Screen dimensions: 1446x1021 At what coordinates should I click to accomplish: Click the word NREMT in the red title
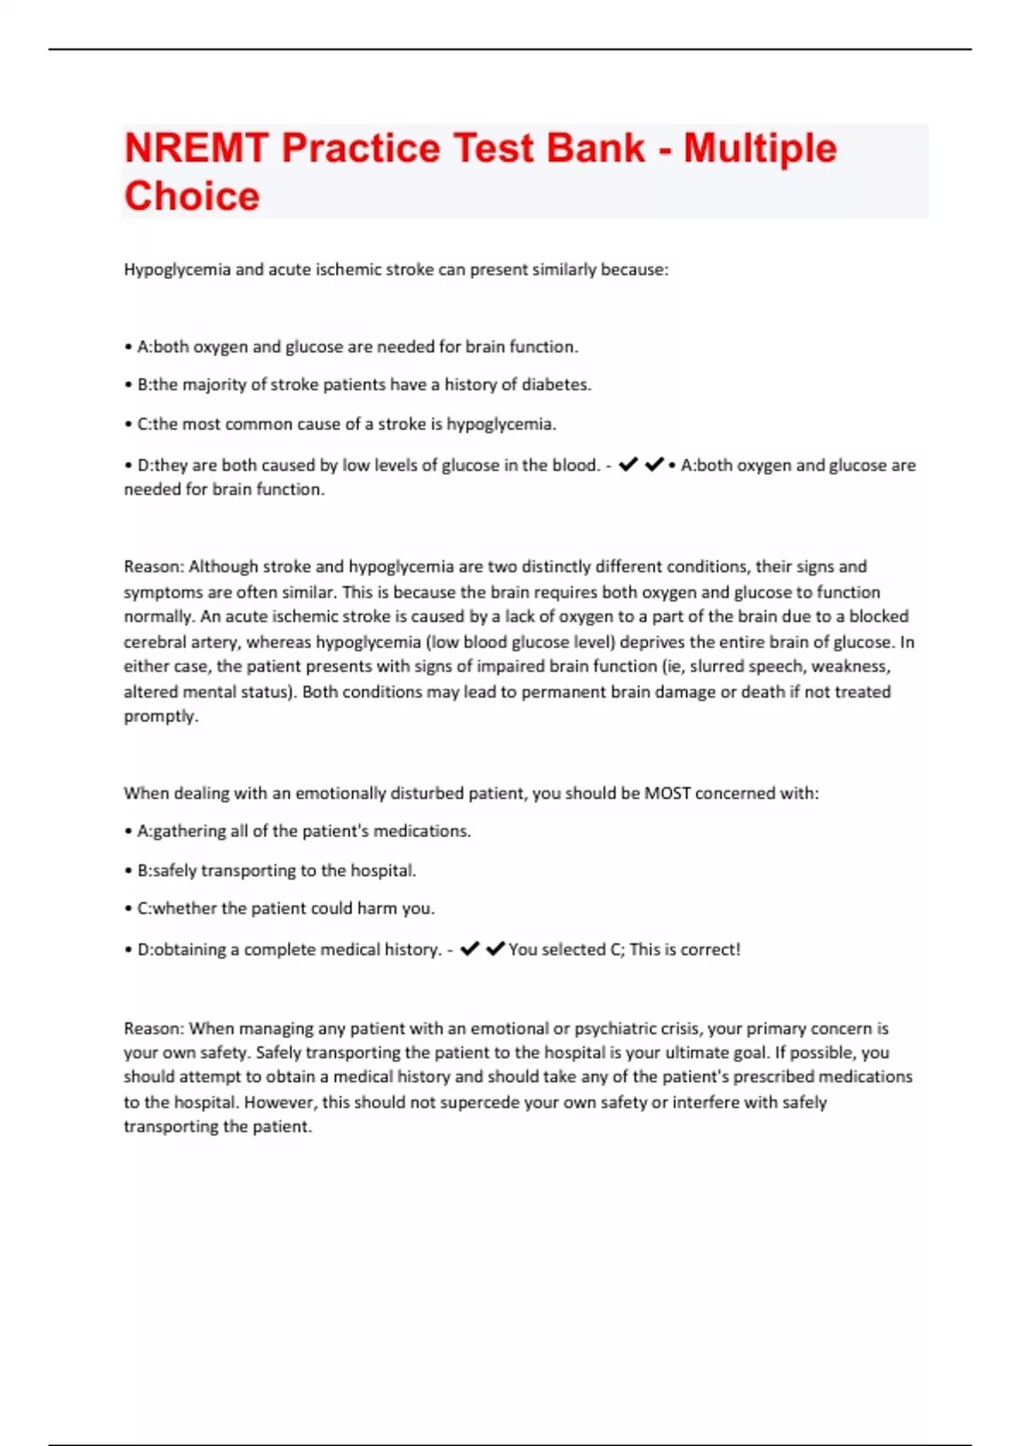pyautogui.click(x=196, y=148)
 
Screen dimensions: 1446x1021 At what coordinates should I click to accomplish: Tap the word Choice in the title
pyautogui.click(x=191, y=196)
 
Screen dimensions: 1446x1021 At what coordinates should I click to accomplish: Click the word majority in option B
pyautogui.click(x=214, y=384)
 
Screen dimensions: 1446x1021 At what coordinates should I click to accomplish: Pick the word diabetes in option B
pyautogui.click(x=556, y=384)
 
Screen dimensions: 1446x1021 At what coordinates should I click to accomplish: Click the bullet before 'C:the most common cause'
pyautogui.click(x=128, y=424)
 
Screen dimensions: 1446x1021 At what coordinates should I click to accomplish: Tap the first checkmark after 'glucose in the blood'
pyautogui.click(x=628, y=464)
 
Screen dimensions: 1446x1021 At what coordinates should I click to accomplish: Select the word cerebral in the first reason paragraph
pyautogui.click(x=153, y=641)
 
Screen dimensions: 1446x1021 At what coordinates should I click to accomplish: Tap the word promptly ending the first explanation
pyautogui.click(x=161, y=716)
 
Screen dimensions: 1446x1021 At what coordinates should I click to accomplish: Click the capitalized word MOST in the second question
pyautogui.click(x=667, y=793)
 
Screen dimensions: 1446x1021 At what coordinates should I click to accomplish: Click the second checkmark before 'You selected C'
pyautogui.click(x=495, y=948)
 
